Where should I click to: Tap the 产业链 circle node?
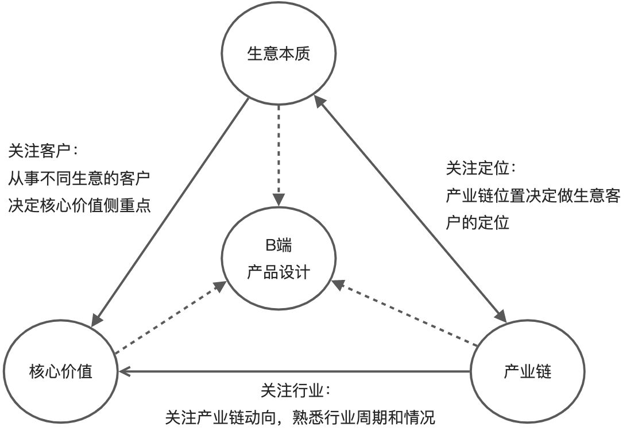pyautogui.click(x=527, y=371)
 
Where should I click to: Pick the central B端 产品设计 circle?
pyautogui.click(x=279, y=259)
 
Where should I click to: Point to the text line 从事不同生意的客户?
pyautogui.click(x=79, y=178)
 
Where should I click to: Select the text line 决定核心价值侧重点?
pyautogui.click(x=79, y=205)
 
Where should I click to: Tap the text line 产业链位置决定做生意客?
pyautogui.click(x=533, y=195)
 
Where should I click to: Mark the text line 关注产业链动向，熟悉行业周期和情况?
pyautogui.click(x=300, y=417)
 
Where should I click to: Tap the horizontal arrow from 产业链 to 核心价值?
pyautogui.click(x=296, y=371)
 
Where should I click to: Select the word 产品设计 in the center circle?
pyautogui.click(x=279, y=271)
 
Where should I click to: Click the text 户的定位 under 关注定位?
pyautogui.click(x=477, y=222)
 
